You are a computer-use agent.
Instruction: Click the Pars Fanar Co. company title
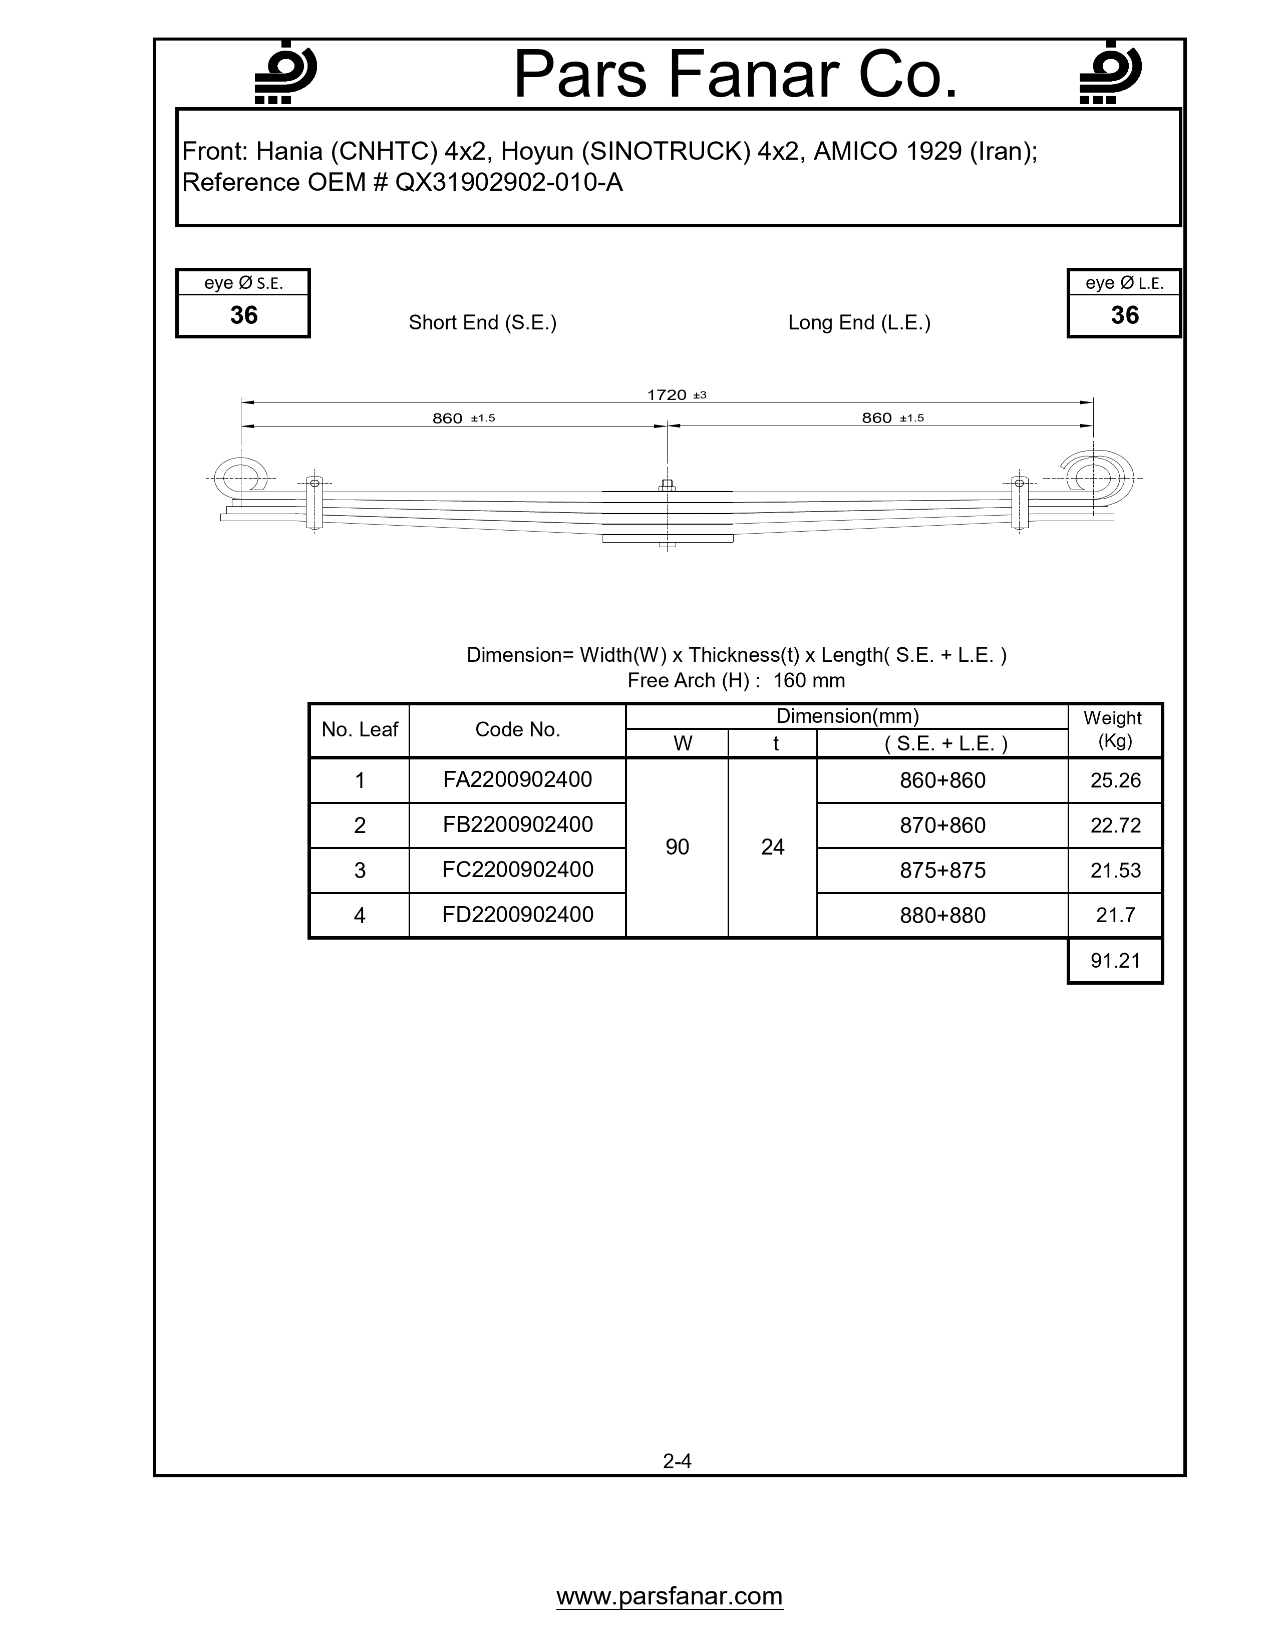[x=735, y=75]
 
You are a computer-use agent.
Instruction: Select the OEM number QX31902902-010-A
[x=508, y=183]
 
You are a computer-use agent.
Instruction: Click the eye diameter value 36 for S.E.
[x=243, y=315]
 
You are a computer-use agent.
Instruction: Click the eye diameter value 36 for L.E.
[x=1124, y=315]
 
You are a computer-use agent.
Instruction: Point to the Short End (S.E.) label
[x=483, y=323]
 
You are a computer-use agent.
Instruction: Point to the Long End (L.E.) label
[x=859, y=323]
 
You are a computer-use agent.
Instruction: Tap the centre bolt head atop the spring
[x=667, y=486]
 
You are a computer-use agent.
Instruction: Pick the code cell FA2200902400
[x=517, y=780]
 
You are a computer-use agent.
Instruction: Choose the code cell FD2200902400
[x=517, y=915]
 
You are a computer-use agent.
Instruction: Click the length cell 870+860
[x=942, y=825]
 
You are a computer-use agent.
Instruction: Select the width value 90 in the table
[x=677, y=847]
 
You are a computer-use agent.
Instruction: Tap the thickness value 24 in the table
[x=772, y=847]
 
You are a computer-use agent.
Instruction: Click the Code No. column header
[x=517, y=730]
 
